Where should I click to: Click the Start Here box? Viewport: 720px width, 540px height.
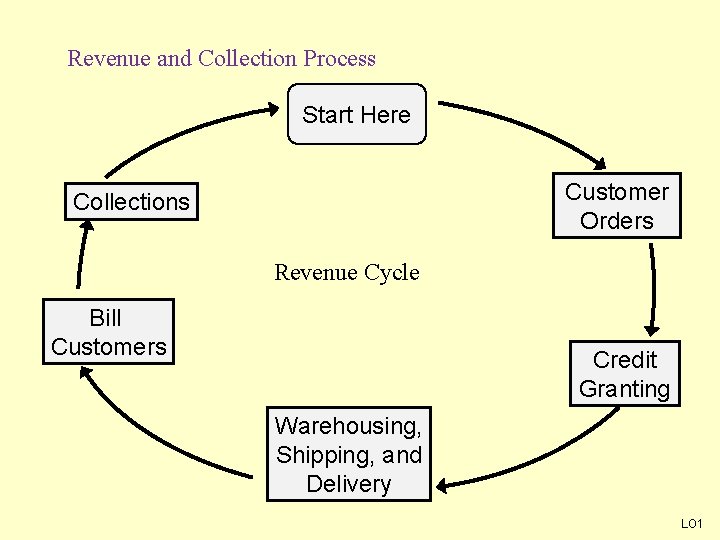(x=357, y=115)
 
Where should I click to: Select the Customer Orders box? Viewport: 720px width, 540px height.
(x=616, y=206)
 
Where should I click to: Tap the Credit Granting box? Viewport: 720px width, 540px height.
(x=624, y=374)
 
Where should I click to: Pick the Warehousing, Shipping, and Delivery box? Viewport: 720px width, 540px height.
(x=348, y=454)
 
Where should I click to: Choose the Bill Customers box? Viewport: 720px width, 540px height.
(x=108, y=332)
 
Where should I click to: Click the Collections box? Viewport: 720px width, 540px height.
(x=131, y=202)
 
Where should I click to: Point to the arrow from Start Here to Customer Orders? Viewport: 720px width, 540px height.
(x=530, y=124)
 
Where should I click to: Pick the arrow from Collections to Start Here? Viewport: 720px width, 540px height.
(x=180, y=131)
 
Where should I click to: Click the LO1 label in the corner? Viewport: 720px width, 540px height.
(x=692, y=524)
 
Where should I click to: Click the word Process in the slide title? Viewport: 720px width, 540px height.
(x=339, y=58)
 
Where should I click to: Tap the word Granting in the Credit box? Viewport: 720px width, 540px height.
(x=624, y=389)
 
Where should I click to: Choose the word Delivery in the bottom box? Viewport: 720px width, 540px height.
(x=348, y=484)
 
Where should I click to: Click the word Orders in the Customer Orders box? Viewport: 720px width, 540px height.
(x=616, y=221)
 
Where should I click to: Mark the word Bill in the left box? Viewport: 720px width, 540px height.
(x=105, y=318)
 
